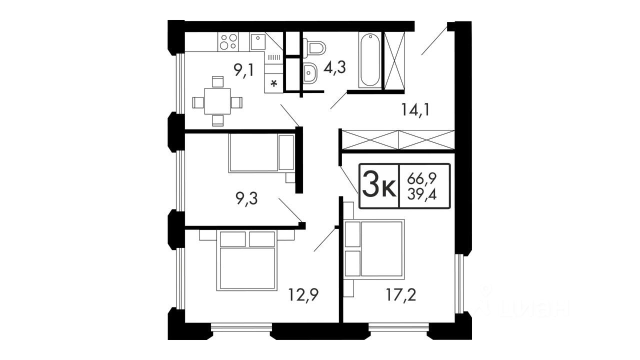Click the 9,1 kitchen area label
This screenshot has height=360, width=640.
[243, 70]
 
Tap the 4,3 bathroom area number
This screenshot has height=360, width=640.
[334, 67]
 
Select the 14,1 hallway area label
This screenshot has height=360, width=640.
[415, 109]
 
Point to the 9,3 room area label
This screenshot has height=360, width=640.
[247, 198]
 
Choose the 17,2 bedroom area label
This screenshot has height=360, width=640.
[401, 295]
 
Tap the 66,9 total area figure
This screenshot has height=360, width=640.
[422, 179]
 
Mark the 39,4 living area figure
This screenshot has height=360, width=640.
[422, 195]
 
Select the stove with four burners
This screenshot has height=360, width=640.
[228, 41]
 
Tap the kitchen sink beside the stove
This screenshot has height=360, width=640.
[258, 41]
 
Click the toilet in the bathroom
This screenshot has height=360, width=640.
[314, 47]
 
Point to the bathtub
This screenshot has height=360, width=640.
[370, 59]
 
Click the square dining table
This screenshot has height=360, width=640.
[217, 101]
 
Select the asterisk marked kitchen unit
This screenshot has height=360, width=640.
[274, 83]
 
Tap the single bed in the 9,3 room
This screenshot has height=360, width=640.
[261, 153]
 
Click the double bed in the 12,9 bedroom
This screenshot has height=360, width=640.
[247, 260]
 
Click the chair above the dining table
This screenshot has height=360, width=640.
[217, 81]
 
